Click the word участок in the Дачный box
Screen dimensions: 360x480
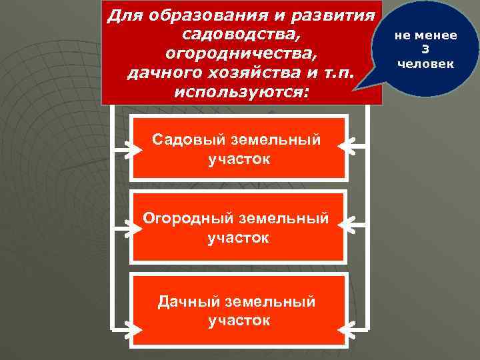coord(239,321)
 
